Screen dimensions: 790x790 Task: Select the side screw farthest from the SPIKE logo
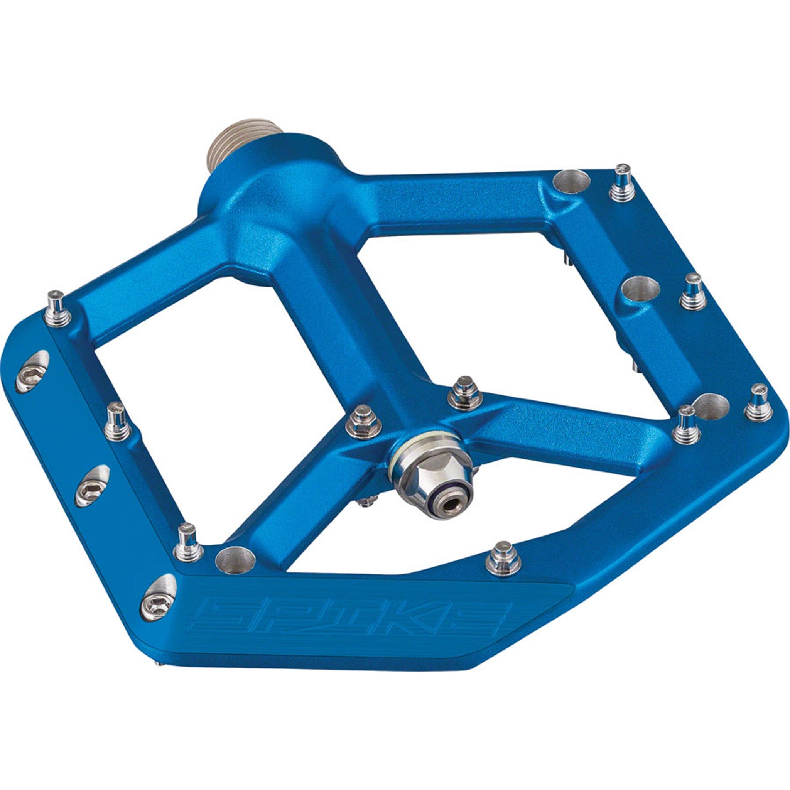coord(32,376)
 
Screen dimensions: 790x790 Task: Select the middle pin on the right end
coord(693,291)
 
